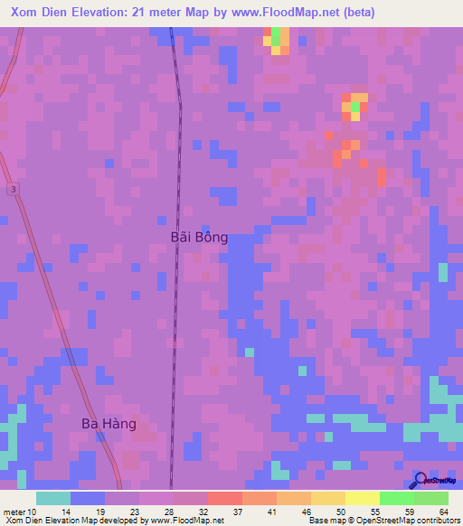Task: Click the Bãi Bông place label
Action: pos(199,237)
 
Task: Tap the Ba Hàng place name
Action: pos(109,423)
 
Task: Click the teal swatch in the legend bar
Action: pos(53,498)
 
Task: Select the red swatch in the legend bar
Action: pos(224,498)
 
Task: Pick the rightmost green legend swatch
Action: pos(431,498)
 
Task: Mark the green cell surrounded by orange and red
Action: pos(354,108)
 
